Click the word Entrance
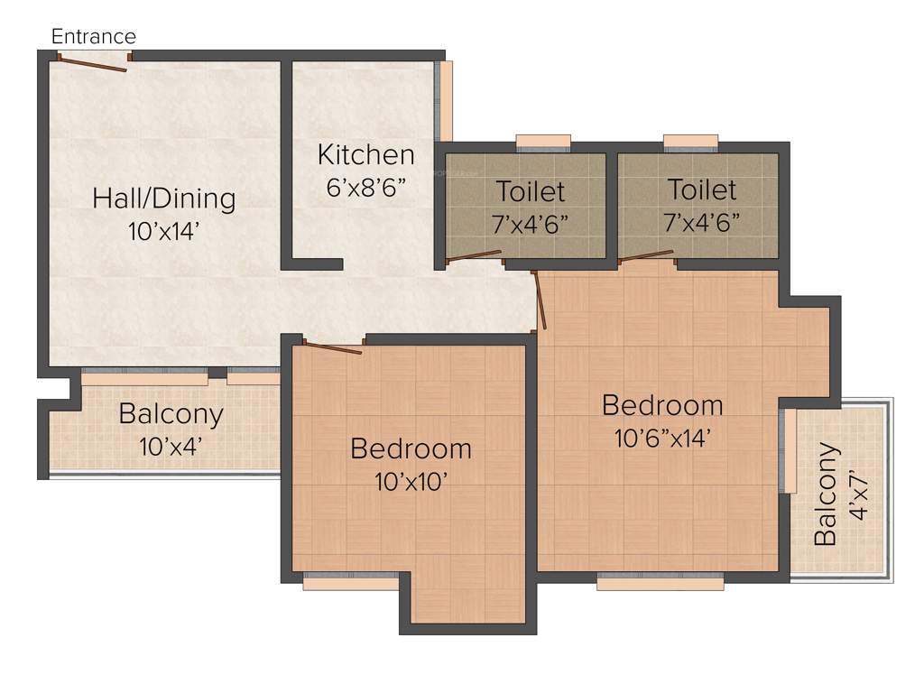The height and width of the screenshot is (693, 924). point(94,37)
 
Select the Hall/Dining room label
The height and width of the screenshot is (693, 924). point(163,198)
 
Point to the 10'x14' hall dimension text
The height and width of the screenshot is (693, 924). point(163,231)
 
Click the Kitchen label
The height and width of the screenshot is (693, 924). point(365,154)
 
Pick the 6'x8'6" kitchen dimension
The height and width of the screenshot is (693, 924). point(366,188)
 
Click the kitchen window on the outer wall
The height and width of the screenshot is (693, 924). point(445,100)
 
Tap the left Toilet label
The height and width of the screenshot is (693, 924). point(530,191)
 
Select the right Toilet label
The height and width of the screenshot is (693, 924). point(701,189)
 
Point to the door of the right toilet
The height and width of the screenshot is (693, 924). point(646,256)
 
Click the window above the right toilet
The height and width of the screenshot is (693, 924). point(690,141)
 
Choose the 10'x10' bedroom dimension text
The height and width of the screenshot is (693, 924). point(411,481)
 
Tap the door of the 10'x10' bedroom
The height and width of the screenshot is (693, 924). point(333,347)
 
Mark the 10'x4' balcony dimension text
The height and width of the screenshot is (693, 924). point(171,446)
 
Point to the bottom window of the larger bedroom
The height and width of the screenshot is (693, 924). point(660,583)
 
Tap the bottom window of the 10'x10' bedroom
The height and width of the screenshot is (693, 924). point(350,583)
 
